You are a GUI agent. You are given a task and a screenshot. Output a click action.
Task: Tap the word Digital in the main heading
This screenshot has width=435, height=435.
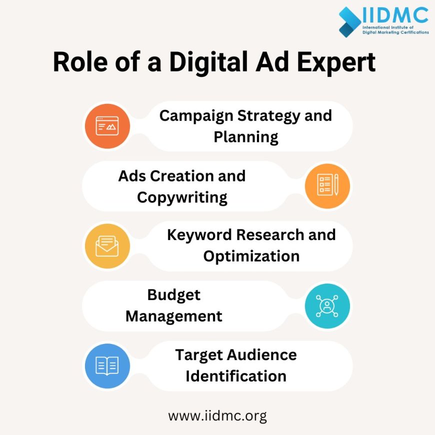208,63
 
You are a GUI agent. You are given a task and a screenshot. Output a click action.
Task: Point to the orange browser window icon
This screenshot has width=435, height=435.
107,126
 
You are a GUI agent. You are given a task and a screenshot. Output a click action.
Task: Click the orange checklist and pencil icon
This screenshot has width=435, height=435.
327,185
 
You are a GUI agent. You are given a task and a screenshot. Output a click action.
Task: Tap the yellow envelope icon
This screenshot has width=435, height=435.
107,246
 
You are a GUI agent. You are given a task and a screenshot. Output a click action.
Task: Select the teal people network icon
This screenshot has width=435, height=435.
327,305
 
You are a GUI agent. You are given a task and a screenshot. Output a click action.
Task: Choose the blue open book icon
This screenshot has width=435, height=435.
107,365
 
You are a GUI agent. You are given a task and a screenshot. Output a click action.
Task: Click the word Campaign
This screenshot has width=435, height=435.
196,115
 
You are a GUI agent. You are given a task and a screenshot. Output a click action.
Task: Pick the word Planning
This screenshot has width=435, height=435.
245,136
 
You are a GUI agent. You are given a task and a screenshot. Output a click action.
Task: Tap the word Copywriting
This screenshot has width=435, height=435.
182,197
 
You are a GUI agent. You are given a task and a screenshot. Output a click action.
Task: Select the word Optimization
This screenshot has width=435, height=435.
251,256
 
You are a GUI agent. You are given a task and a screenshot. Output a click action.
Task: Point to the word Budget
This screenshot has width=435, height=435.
173,295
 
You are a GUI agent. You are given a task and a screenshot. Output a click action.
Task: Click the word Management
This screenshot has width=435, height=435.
173,316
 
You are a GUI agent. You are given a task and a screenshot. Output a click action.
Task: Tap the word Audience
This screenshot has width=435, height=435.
261,354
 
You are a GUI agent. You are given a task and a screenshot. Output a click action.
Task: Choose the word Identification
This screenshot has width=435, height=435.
235,375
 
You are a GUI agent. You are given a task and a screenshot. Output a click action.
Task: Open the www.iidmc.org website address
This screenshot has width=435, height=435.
217,415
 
